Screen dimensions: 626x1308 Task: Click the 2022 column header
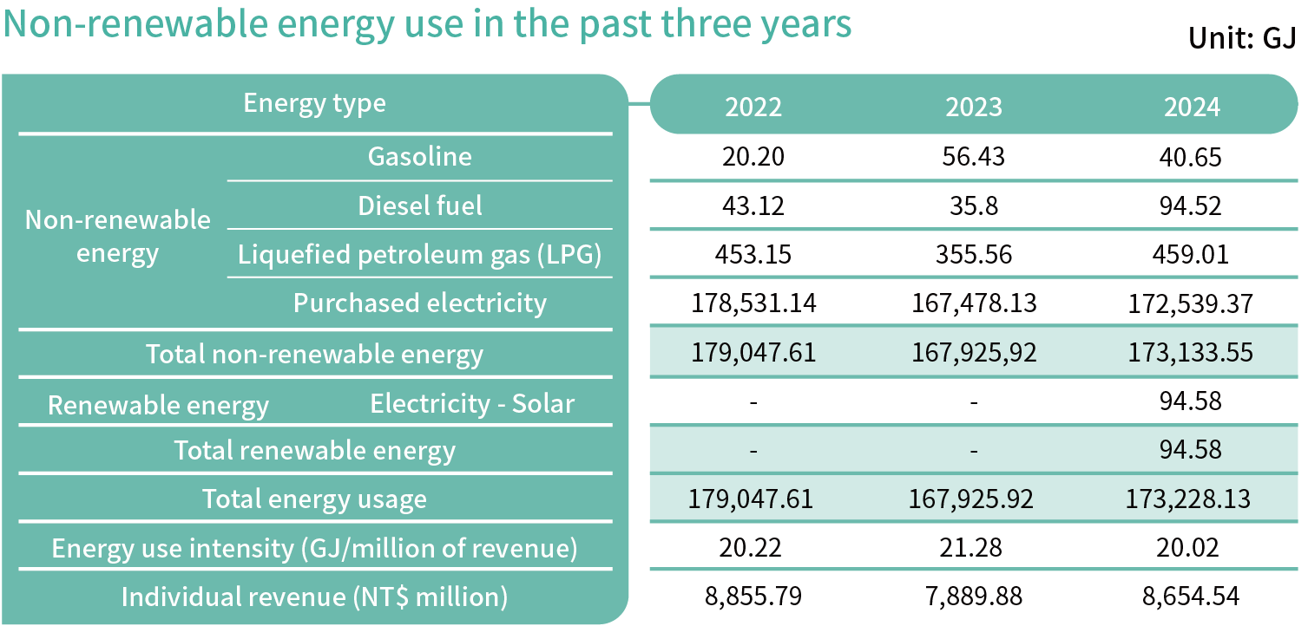click(753, 107)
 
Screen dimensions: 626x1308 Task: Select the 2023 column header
click(973, 107)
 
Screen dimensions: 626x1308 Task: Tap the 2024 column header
click(1192, 107)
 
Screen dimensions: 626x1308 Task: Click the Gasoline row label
click(420, 156)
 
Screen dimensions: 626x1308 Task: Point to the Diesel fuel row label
click(420, 205)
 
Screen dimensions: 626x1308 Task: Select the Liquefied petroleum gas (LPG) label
click(420, 255)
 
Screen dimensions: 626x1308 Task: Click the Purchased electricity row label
click(420, 303)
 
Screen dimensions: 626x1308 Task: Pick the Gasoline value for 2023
click(973, 157)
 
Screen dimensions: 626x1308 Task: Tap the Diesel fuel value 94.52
click(1192, 206)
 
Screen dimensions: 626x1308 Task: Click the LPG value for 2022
click(753, 255)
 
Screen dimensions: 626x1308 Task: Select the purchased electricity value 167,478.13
click(973, 303)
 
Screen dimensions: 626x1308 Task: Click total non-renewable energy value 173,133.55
click(1192, 353)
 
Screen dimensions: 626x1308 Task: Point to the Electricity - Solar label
click(472, 403)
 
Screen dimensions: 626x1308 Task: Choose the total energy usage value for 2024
click(1192, 499)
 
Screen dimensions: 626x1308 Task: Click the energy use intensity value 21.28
click(973, 548)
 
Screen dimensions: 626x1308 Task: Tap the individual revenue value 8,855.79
click(753, 597)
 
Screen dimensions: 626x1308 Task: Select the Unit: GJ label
click(1241, 39)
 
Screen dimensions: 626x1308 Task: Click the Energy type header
click(314, 103)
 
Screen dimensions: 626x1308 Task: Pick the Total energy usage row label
click(314, 499)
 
